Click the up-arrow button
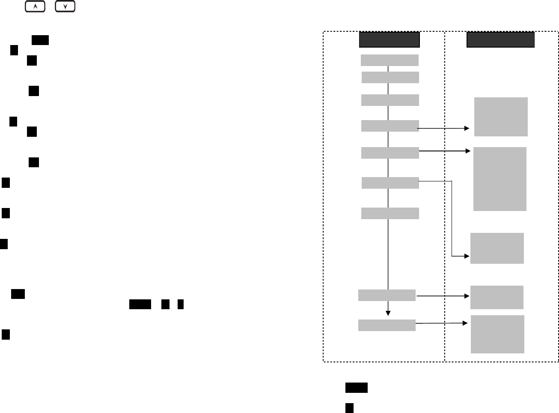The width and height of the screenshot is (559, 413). (35, 6)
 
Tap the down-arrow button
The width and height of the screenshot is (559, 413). (65, 6)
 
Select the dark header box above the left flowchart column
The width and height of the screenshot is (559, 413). (389, 39)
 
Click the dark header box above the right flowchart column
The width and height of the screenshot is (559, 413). (500, 39)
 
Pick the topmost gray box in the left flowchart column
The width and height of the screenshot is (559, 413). (390, 60)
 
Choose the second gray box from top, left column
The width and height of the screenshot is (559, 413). (390, 77)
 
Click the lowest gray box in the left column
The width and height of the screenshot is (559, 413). (387, 325)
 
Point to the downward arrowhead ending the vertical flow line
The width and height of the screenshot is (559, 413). (388, 314)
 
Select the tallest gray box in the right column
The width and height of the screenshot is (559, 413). (500, 179)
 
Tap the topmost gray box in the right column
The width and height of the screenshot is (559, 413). (501, 117)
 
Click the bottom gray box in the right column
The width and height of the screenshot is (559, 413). (497, 334)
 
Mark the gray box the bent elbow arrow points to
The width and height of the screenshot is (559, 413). (497, 248)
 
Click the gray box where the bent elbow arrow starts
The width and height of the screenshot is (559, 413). (390, 183)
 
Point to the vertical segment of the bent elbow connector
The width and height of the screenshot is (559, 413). (452, 219)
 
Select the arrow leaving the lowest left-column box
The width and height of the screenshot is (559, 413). (441, 323)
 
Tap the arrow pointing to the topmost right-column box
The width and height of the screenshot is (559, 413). (443, 128)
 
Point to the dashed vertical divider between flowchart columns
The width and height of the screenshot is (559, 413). (445, 197)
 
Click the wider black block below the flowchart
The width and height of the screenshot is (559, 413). (356, 388)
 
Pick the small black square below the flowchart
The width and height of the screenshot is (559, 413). (349, 408)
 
